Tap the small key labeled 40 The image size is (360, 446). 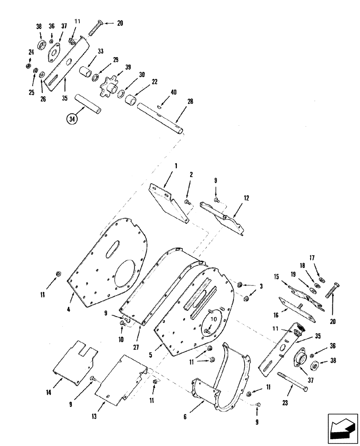coord(160,107)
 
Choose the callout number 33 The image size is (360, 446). coord(100,51)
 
